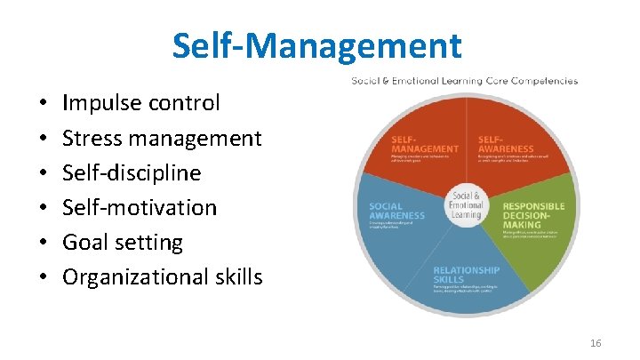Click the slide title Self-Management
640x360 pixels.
pyautogui.click(x=317, y=45)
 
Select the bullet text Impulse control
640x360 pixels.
pyautogui.click(x=141, y=103)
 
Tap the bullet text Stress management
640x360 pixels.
pyautogui.click(x=163, y=138)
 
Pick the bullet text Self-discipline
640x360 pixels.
pyautogui.click(x=132, y=172)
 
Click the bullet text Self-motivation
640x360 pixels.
pyautogui.click(x=140, y=207)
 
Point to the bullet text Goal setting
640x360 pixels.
pyautogui.click(x=123, y=242)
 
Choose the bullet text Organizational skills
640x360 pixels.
pyautogui.click(x=163, y=276)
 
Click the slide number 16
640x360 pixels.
pyautogui.click(x=596, y=342)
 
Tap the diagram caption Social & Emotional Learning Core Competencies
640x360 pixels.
pyautogui.click(x=464, y=81)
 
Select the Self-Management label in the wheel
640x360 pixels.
pyautogui.click(x=425, y=144)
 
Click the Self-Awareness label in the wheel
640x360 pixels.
pyautogui.click(x=504, y=144)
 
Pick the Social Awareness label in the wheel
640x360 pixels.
pyautogui.click(x=397, y=211)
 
